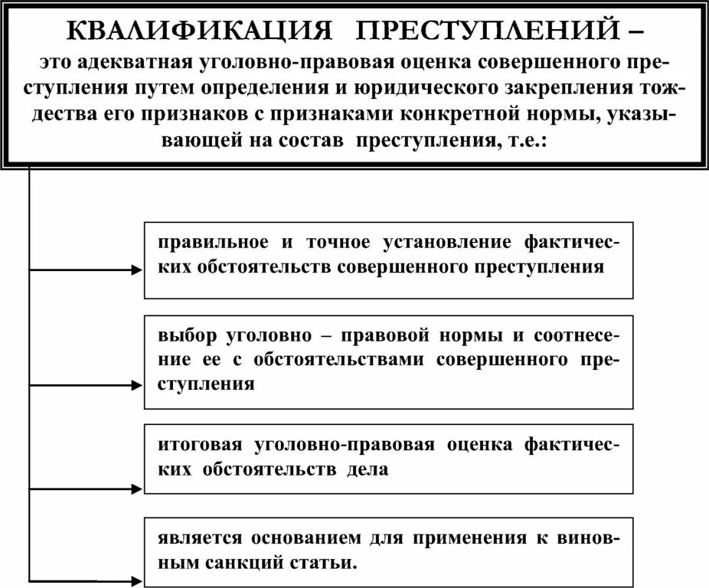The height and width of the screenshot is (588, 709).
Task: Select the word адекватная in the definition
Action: point(126,62)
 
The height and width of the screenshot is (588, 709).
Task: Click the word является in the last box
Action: point(194,539)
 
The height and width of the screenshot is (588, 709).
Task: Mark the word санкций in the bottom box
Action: point(247,564)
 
